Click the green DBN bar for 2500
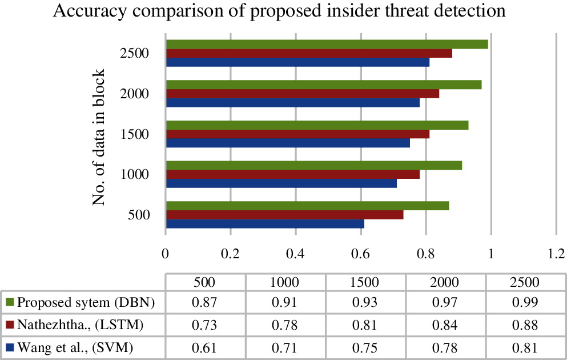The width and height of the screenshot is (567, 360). [x=327, y=45]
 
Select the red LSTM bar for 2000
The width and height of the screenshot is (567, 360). [x=302, y=94]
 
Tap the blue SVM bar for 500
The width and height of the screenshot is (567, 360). [x=264, y=224]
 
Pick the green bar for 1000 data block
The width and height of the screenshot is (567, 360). [x=313, y=166]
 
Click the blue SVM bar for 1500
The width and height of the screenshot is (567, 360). [x=287, y=143]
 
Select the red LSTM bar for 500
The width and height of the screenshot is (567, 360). [x=284, y=215]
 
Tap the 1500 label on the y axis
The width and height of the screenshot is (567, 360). [x=135, y=134]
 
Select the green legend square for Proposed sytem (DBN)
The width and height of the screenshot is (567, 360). [x=10, y=302]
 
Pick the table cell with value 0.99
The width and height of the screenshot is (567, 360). [x=525, y=302]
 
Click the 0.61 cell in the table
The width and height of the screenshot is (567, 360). [x=206, y=348]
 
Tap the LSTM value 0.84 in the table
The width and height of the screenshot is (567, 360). [x=445, y=325]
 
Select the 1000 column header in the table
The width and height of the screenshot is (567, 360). [x=285, y=282]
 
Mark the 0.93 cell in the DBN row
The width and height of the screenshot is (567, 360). [x=365, y=302]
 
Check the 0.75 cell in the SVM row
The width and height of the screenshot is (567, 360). [x=365, y=348]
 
